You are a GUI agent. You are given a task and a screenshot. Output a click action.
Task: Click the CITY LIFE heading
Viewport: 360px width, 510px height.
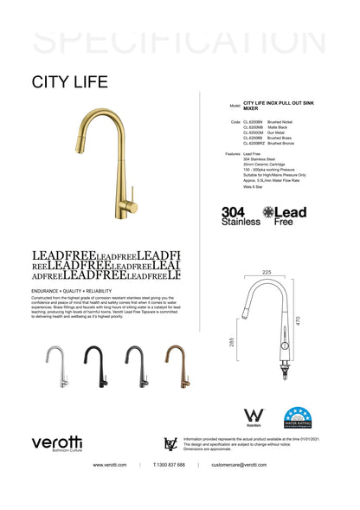tap(69, 83)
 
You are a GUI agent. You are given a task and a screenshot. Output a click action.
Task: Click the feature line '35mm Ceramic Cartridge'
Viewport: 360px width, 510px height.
tap(264, 165)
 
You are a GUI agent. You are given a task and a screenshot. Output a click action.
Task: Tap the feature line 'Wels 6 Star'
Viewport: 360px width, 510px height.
tap(254, 185)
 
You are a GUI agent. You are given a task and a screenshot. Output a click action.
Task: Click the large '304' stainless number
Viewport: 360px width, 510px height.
tap(233, 211)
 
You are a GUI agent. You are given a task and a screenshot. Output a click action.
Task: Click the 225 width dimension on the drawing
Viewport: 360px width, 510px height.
tap(267, 273)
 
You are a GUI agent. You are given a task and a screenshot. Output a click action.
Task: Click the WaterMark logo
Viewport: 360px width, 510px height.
tap(254, 418)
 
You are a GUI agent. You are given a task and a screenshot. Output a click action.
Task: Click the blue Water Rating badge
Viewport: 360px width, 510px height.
tap(297, 417)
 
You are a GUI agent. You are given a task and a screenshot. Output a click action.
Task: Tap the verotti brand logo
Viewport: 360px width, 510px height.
tap(58, 443)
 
